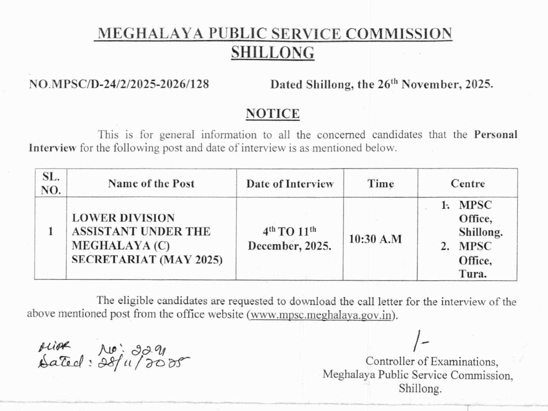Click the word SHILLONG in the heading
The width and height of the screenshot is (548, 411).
tap(272, 52)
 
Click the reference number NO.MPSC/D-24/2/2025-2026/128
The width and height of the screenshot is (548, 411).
tap(119, 84)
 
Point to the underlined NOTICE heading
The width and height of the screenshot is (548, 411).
tap(272, 114)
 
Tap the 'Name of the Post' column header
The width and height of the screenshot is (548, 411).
tap(151, 183)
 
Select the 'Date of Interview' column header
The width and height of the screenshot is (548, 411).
tap(290, 184)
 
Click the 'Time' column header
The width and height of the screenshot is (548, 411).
tap(380, 184)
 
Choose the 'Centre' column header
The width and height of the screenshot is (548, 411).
tap(468, 183)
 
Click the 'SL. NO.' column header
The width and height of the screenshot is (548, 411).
tap(51, 183)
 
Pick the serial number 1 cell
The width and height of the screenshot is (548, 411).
tap(50, 231)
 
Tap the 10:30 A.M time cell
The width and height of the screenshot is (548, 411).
tap(375, 239)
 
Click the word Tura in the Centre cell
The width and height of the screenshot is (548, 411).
tap(472, 274)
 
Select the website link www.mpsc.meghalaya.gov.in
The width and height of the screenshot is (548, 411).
tap(321, 315)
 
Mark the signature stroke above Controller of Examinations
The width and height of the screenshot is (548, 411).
tap(419, 341)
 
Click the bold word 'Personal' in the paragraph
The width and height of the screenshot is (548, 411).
tap(495, 135)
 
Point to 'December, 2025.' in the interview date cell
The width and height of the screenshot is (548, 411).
tap(289, 246)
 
